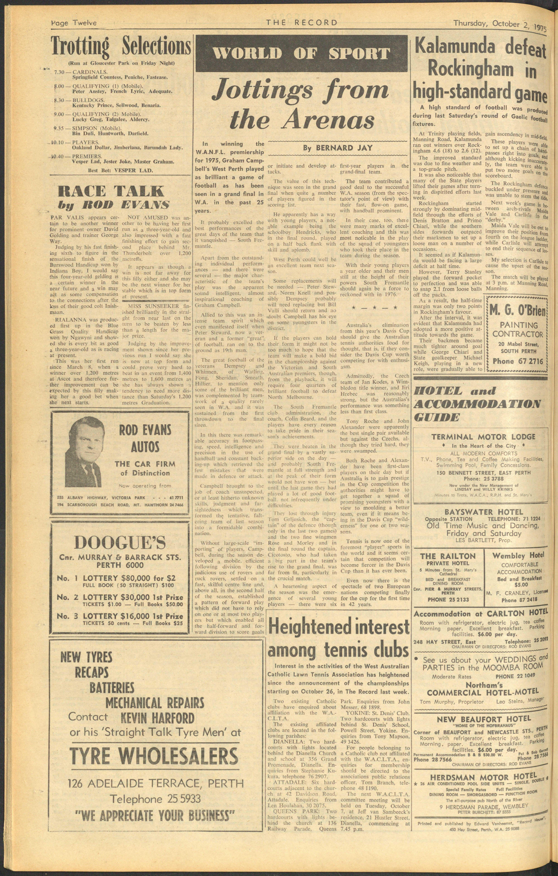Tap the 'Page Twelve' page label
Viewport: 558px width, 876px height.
click(x=74, y=23)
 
